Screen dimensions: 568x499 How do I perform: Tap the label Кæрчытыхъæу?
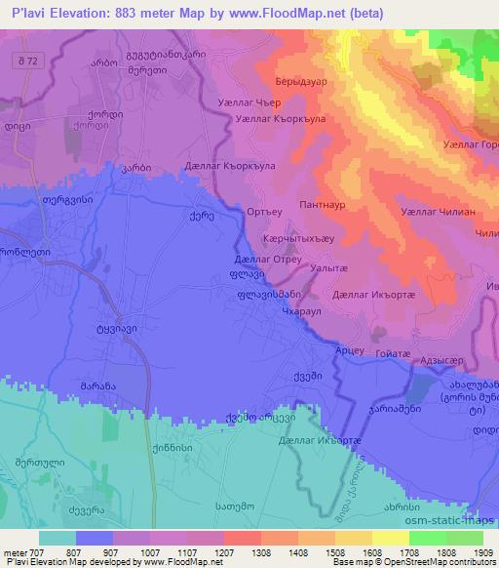pos(302,238)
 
